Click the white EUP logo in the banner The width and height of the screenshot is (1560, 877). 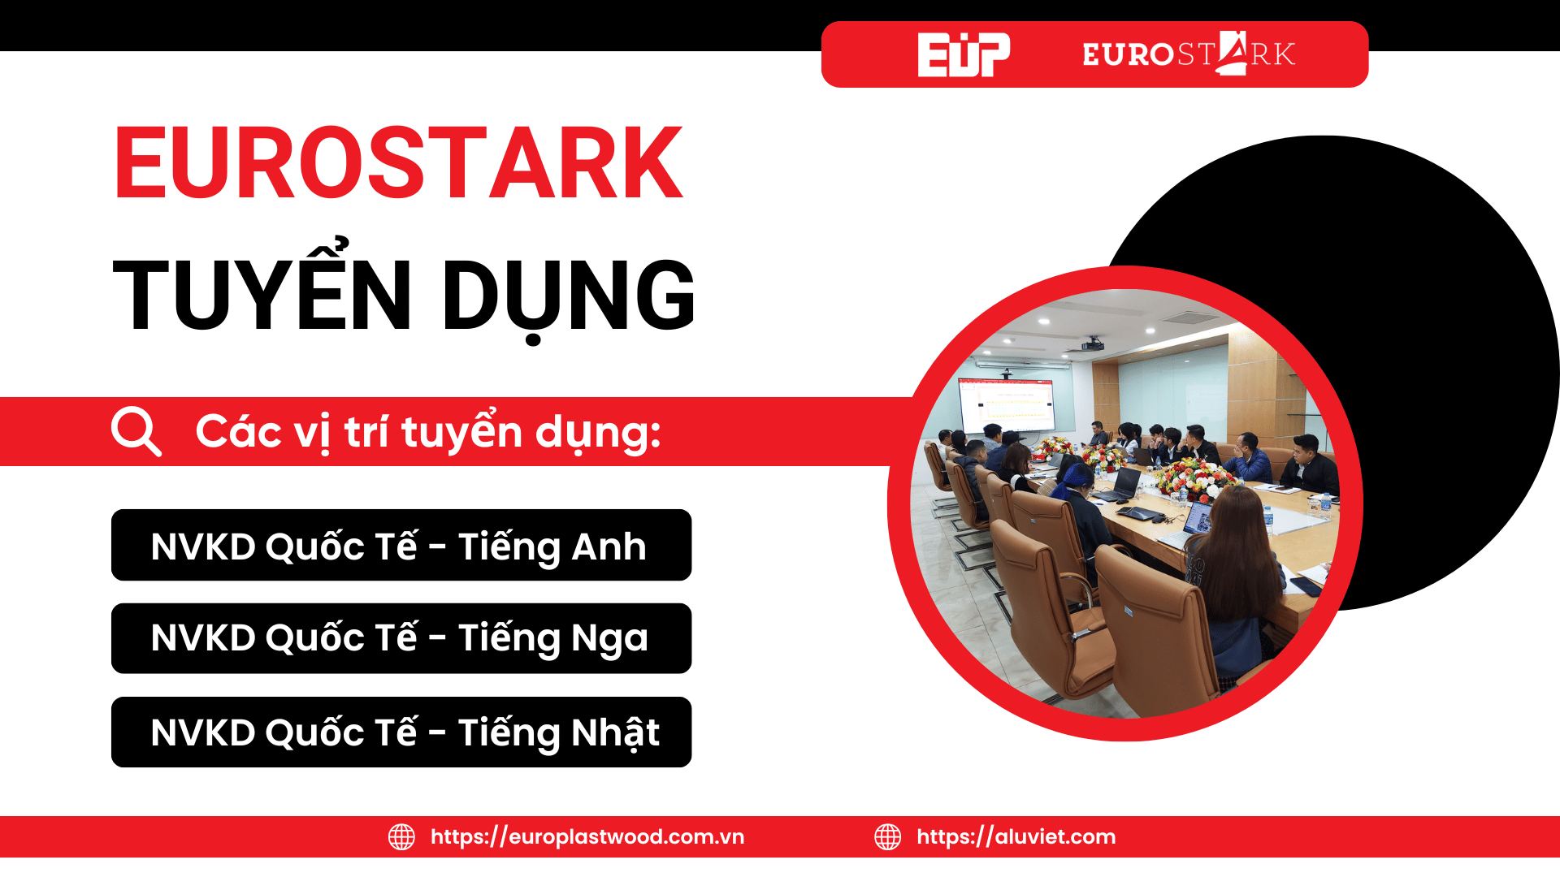964,54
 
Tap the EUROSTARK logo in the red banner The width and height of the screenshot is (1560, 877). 1189,54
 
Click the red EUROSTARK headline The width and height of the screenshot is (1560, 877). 398,163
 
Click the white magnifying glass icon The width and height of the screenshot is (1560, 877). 136,431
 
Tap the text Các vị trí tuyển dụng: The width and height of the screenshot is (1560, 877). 428,432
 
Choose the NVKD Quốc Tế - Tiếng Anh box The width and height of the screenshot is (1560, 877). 401,545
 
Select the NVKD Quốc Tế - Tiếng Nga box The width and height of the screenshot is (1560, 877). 401,638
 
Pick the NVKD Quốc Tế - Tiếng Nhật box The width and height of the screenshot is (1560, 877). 401,732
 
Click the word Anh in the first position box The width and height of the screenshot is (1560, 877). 609,547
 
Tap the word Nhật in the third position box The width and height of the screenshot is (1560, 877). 616,732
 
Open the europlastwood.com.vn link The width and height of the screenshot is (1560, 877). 587,836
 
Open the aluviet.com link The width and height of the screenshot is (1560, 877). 1016,836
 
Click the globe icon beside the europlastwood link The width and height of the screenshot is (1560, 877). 401,836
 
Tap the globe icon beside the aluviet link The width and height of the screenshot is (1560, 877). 888,836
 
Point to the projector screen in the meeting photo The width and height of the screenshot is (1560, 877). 1006,404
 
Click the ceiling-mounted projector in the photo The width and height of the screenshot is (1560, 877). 1093,345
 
